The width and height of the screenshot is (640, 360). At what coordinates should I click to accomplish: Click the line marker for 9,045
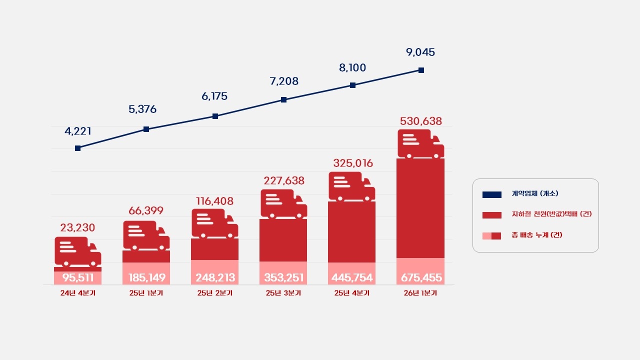click(421, 70)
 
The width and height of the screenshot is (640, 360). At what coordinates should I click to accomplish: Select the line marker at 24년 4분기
click(77, 148)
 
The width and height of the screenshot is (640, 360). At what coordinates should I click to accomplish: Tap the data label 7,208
click(283, 81)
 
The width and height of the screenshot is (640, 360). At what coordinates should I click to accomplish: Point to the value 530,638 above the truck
click(421, 121)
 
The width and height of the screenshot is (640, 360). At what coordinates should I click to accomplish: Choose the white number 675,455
click(421, 277)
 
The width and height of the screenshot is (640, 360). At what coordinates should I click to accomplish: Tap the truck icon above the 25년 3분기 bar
click(283, 204)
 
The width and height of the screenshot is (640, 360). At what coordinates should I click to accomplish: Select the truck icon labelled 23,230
click(77, 252)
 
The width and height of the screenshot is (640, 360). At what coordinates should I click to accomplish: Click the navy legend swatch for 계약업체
click(492, 194)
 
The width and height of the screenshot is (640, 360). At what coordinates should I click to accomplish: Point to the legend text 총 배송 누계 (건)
click(536, 235)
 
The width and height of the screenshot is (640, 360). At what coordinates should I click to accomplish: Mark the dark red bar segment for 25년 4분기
click(351, 231)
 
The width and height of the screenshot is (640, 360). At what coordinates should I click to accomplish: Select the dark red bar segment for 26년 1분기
click(420, 208)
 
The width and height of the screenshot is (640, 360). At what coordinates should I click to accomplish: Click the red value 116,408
click(214, 201)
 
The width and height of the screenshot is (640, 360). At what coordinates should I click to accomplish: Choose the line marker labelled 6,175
click(215, 116)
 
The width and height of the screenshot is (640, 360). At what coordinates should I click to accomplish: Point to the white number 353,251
click(283, 277)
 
